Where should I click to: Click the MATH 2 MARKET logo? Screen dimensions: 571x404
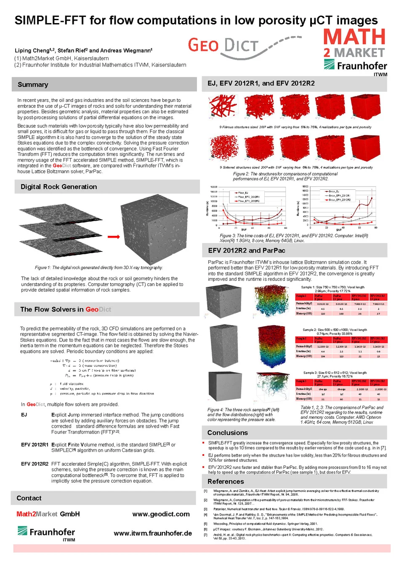[354, 43]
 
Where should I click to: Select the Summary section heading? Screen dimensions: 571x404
[33, 85]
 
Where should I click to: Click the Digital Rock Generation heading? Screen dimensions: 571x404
[58, 187]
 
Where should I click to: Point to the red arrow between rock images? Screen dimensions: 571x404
[114, 237]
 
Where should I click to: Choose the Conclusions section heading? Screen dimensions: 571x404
[227, 433]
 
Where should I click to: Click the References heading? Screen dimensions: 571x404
[226, 482]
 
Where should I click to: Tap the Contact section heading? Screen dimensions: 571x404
[29, 498]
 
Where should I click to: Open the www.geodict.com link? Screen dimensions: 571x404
[161, 514]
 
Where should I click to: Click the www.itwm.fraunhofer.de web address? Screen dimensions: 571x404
[153, 533]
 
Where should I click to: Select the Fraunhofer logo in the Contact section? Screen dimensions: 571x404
[46, 533]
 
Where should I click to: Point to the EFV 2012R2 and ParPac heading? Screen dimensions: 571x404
[247, 251]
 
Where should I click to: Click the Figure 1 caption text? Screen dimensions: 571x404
[98, 267]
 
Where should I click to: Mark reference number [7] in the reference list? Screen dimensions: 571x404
[206, 535]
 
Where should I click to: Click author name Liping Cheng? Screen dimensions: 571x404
[32, 50]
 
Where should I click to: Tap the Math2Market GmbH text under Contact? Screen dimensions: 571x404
[48, 514]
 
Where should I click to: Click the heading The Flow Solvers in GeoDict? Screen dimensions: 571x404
[66, 309]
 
